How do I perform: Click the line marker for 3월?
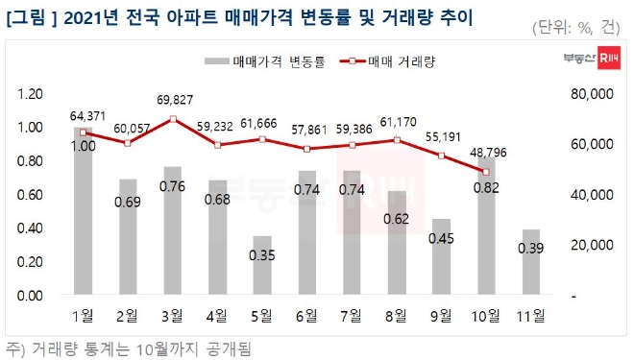(172, 118)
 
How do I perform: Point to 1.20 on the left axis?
(31, 94)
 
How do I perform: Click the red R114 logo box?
(606, 60)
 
